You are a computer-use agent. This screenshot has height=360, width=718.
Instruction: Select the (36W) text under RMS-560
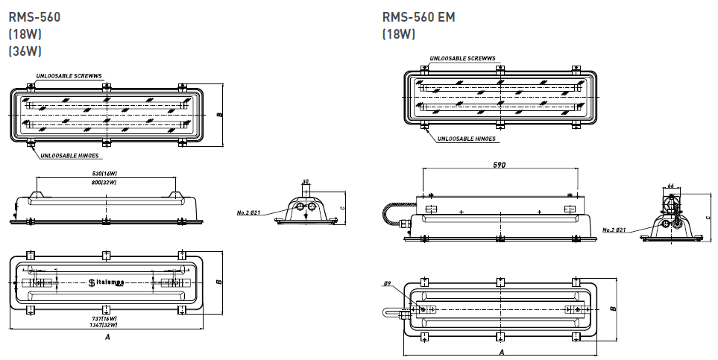point(25,51)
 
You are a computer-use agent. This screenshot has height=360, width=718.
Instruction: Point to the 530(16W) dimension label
point(104,174)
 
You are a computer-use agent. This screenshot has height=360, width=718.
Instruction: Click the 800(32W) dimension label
point(104,181)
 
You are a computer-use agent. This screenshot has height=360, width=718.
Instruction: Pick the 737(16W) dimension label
point(104,318)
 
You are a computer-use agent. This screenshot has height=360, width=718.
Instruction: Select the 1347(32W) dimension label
point(104,325)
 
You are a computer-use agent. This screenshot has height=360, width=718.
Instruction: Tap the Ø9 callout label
point(388,284)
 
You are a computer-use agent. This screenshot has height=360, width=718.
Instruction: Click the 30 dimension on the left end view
point(306,181)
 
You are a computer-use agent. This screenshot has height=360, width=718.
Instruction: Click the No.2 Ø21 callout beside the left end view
point(248,213)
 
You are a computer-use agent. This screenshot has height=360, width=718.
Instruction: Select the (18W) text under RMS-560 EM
point(398,34)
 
